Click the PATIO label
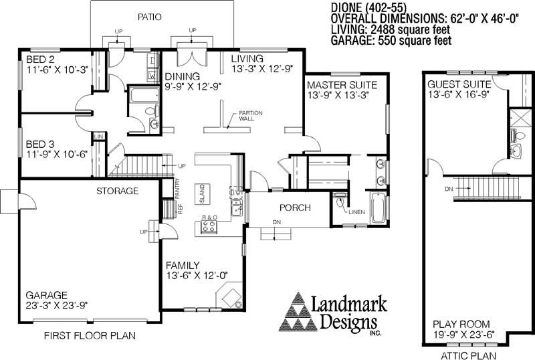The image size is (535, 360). (150, 17)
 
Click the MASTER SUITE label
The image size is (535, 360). (342, 86)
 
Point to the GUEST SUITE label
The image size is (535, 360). (459, 84)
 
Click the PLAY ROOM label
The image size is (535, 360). (462, 324)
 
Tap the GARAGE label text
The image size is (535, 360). (47, 294)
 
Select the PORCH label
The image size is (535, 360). (295, 208)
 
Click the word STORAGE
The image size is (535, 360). (117, 191)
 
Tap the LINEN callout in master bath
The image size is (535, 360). (356, 212)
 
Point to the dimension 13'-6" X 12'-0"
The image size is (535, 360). (197, 275)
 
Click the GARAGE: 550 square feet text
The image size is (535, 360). (391, 41)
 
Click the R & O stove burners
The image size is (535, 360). (209, 228)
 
